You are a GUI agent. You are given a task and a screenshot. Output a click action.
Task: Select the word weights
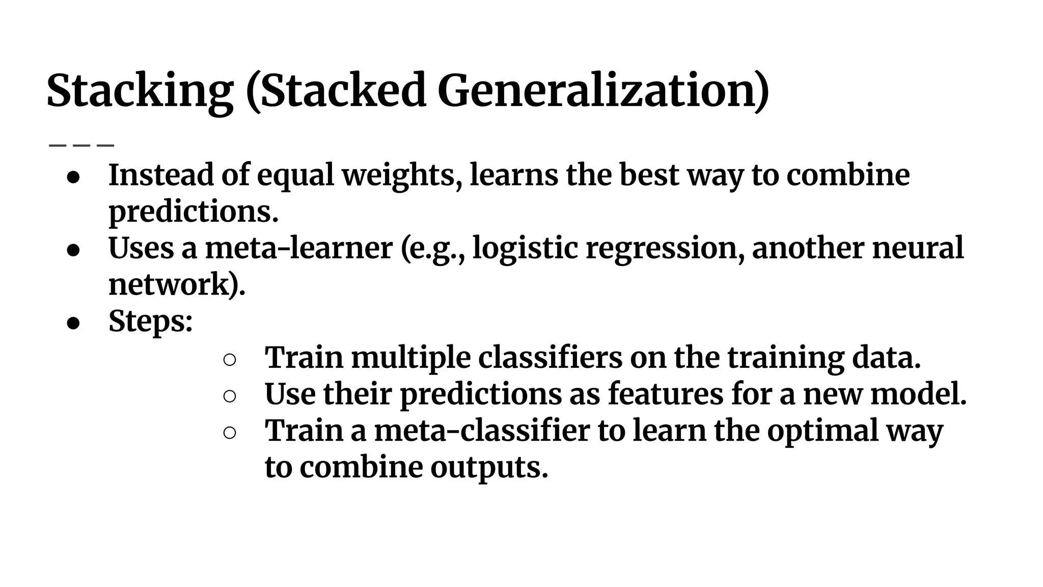click(x=401, y=176)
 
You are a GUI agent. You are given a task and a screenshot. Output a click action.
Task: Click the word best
click(x=649, y=175)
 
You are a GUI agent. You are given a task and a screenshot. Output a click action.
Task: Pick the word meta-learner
click(x=299, y=248)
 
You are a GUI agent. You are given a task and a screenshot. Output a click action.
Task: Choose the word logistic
click(x=525, y=249)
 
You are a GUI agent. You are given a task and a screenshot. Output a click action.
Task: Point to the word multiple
click(x=410, y=358)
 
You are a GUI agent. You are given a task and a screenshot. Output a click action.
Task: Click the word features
click(x=666, y=394)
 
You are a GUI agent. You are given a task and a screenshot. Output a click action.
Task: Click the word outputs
click(x=488, y=468)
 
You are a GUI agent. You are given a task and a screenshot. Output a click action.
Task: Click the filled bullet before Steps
click(x=74, y=323)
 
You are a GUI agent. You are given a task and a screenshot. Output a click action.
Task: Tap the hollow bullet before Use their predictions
click(x=229, y=396)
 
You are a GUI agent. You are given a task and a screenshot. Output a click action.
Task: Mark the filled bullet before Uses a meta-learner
click(x=74, y=250)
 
